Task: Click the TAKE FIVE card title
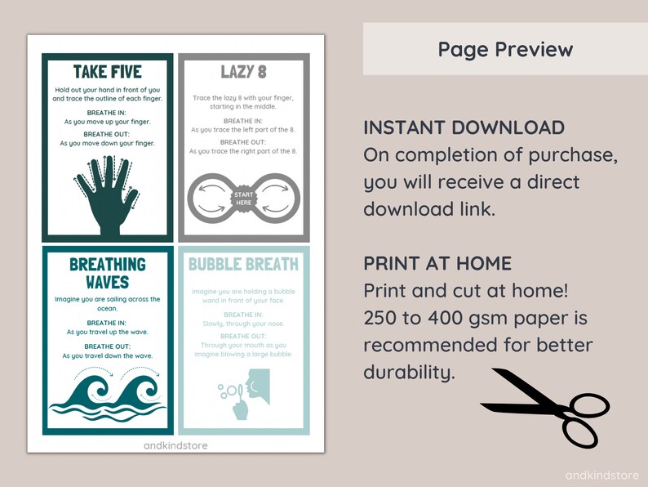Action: click(x=108, y=71)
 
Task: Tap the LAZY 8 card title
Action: click(x=244, y=72)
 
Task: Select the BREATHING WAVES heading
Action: click(x=108, y=273)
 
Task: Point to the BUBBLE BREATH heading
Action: click(x=244, y=264)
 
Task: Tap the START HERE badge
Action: click(x=244, y=199)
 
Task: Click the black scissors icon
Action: click(x=542, y=408)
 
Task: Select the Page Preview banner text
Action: click(x=505, y=49)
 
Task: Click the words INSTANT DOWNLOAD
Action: click(x=464, y=127)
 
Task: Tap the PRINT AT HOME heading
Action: click(x=437, y=263)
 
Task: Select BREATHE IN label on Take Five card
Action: click(x=108, y=112)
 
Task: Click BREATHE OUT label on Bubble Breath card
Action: click(x=244, y=336)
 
